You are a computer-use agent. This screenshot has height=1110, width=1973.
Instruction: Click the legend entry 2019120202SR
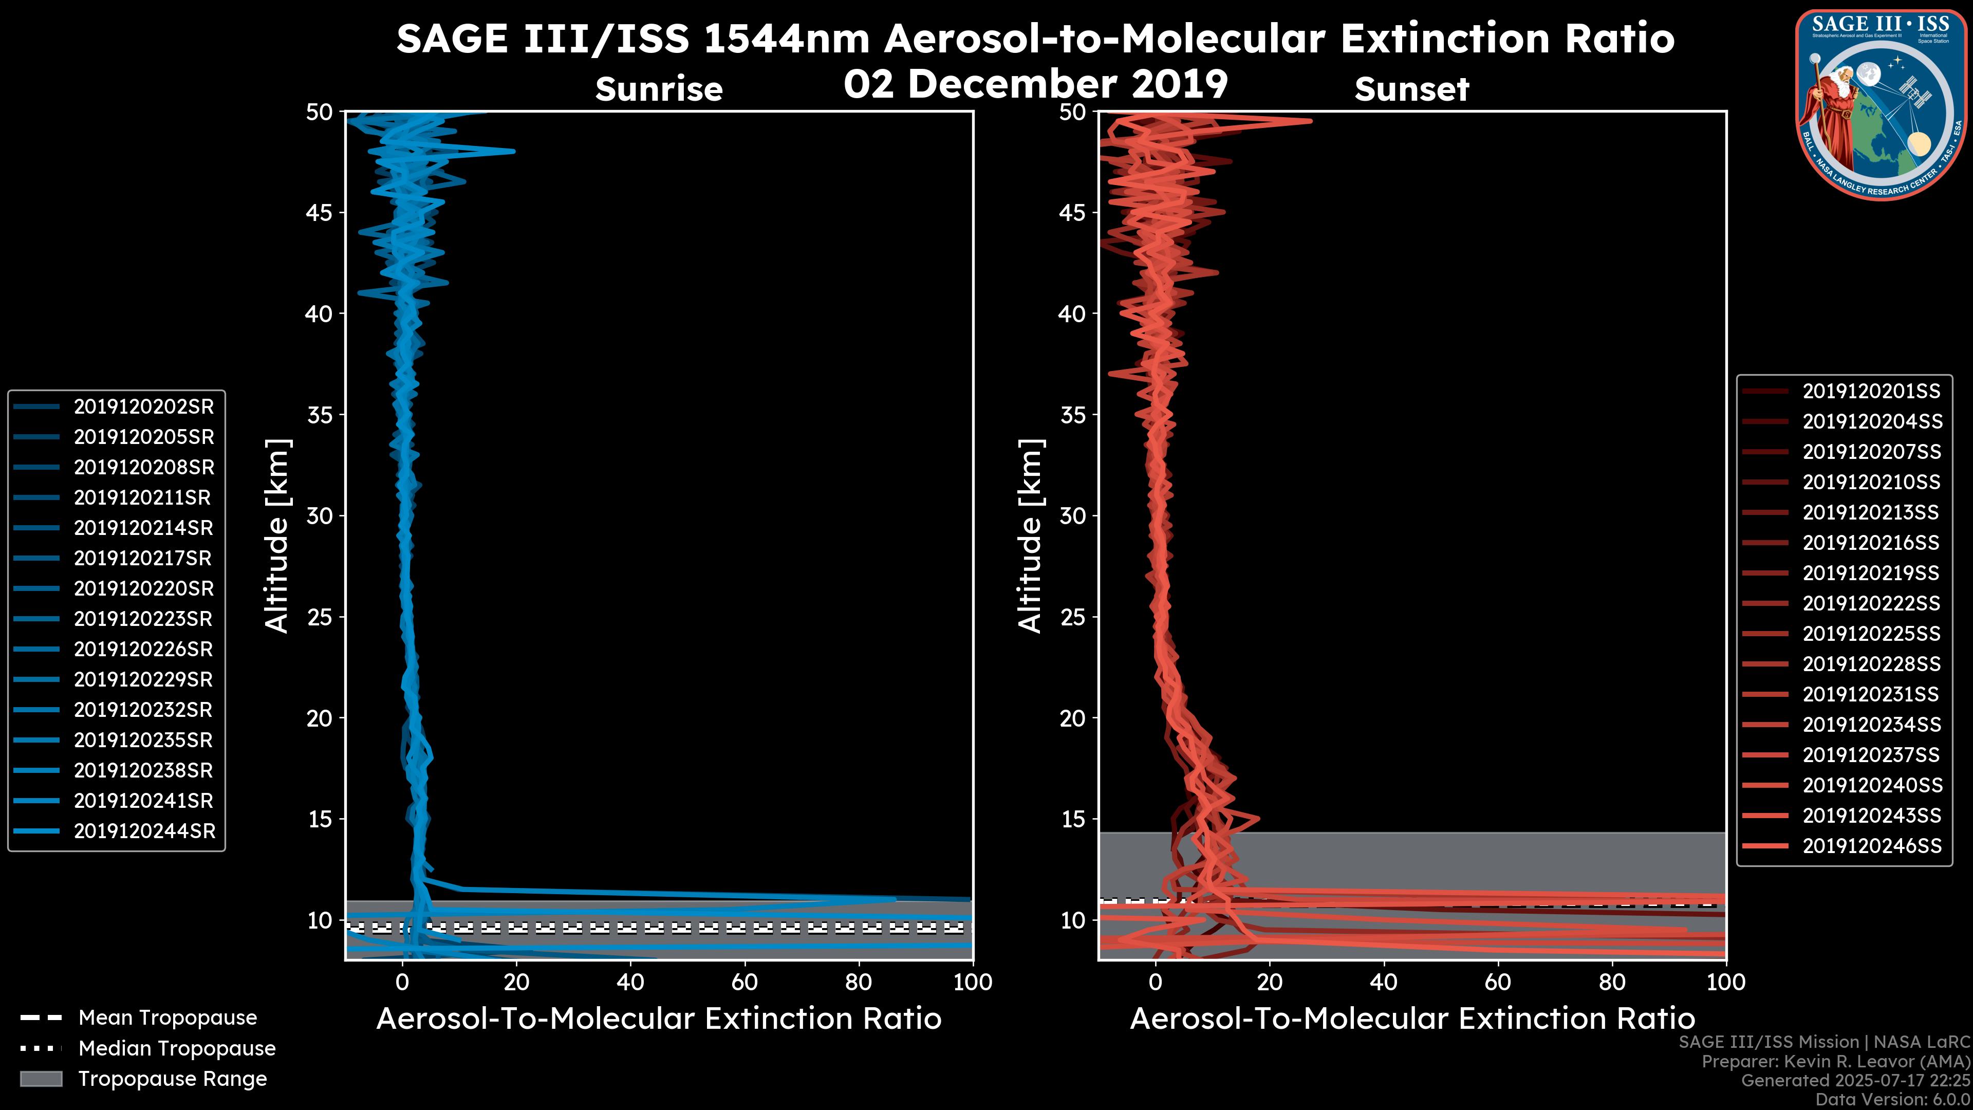tap(143, 407)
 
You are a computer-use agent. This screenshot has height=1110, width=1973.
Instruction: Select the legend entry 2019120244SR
tap(144, 831)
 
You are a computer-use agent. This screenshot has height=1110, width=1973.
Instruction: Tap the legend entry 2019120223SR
tap(143, 619)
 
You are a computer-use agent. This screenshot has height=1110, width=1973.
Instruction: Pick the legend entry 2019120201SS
tap(1871, 392)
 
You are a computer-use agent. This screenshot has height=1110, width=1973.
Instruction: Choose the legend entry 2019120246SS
tap(1872, 846)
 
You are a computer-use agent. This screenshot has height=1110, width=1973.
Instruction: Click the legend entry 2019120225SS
tap(1871, 634)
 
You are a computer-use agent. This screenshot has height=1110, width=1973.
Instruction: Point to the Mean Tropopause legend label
tap(167, 1018)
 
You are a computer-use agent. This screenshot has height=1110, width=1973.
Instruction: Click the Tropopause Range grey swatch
tap(41, 1079)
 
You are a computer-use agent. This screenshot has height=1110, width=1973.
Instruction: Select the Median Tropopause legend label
tap(176, 1049)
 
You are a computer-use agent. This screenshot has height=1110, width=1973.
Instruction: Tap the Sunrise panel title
tap(659, 89)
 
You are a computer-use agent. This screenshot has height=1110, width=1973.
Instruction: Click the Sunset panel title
tap(1411, 89)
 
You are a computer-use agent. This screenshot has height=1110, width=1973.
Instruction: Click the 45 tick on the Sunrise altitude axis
tap(320, 213)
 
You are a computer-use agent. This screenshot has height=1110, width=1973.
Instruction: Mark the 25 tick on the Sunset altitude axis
tap(1073, 617)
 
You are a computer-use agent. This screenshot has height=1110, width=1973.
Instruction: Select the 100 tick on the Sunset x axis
tap(1726, 982)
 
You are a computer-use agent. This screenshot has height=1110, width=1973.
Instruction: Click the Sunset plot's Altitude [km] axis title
tap(1030, 536)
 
